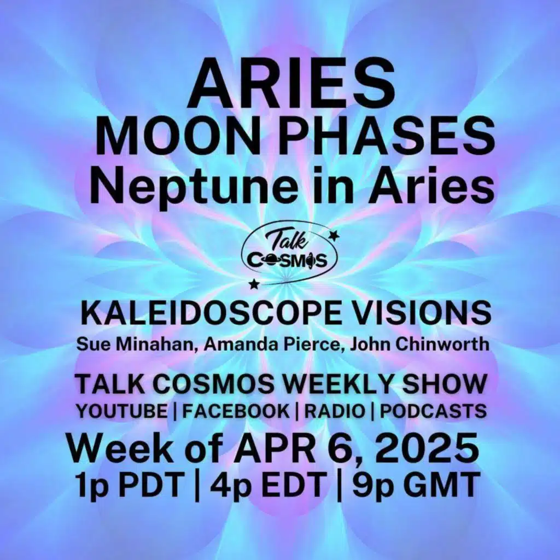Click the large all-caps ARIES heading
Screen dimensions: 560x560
tap(290, 86)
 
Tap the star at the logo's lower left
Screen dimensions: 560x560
tap(253, 284)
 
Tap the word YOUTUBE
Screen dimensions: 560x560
tap(120, 411)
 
